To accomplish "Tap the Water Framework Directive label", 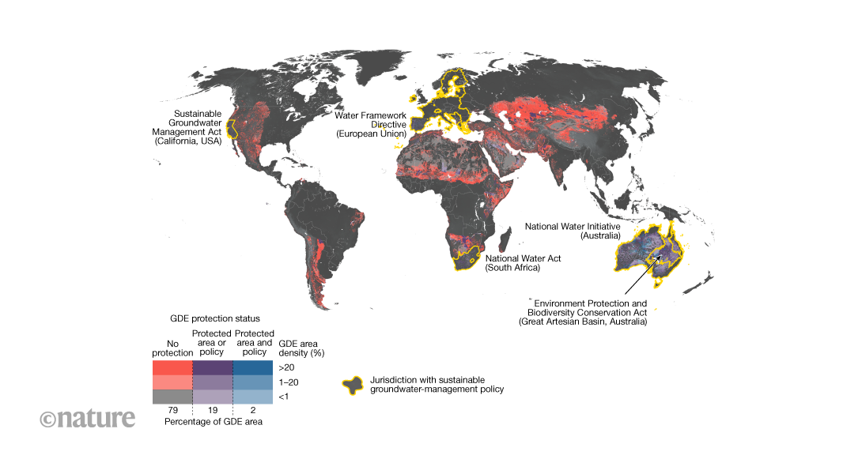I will coord(371,125).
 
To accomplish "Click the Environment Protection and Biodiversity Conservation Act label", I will coord(590,313).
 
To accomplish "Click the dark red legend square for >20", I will coord(172,367).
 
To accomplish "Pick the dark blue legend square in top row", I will coord(253,367).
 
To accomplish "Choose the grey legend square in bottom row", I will coord(172,397).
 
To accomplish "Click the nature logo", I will coord(88,418).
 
